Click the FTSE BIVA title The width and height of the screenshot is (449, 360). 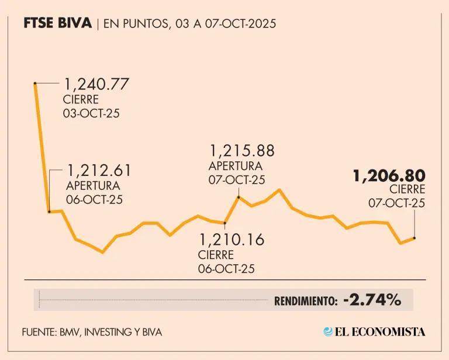[x=58, y=24]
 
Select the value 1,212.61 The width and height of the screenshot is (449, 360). [x=99, y=171]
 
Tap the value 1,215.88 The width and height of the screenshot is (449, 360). [x=241, y=151]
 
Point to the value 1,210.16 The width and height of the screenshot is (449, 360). [x=232, y=240]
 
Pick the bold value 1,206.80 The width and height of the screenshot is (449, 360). [x=388, y=175]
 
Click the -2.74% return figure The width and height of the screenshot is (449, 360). [x=372, y=300]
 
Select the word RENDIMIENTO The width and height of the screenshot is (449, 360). [x=306, y=302]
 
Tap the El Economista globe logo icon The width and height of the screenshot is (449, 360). [x=328, y=331]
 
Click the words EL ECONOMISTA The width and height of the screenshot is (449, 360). [x=380, y=331]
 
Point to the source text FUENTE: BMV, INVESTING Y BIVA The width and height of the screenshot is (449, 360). [x=92, y=332]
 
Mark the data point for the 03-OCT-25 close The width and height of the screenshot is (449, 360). [x=36, y=84]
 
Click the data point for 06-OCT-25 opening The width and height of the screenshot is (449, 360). [x=50, y=212]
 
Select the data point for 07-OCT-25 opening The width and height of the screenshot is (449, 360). [x=239, y=198]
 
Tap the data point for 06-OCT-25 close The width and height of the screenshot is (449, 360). [x=225, y=223]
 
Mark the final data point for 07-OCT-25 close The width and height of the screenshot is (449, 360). [x=415, y=238]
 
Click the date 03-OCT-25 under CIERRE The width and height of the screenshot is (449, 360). [x=91, y=113]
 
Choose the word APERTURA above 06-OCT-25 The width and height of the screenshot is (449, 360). [x=93, y=186]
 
